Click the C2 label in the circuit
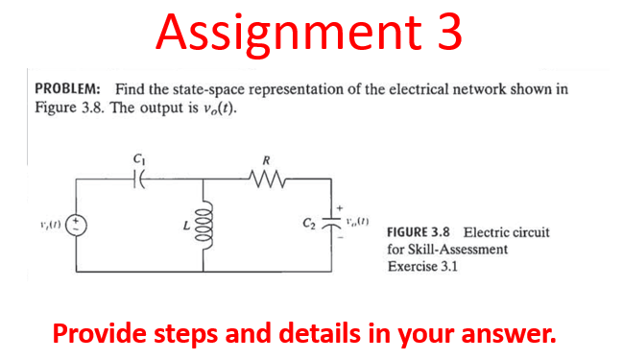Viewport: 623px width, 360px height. click(308, 227)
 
